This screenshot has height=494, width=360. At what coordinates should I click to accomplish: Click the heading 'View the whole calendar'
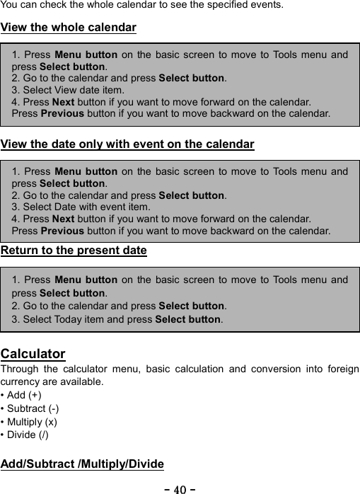pyautogui.click(x=69, y=28)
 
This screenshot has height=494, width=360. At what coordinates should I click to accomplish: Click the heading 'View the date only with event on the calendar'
pyautogui.click(x=127, y=145)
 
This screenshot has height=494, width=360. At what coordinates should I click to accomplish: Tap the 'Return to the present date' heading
pyautogui.click(x=74, y=251)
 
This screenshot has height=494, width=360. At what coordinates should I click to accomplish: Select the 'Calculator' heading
pyautogui.click(x=33, y=354)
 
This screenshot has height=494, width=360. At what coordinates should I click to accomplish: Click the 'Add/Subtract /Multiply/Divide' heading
pyautogui.click(x=82, y=464)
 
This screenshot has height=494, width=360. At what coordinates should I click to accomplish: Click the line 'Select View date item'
pyautogui.click(x=67, y=90)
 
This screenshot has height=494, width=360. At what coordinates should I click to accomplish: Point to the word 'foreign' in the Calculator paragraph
pyautogui.click(x=341, y=369)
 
